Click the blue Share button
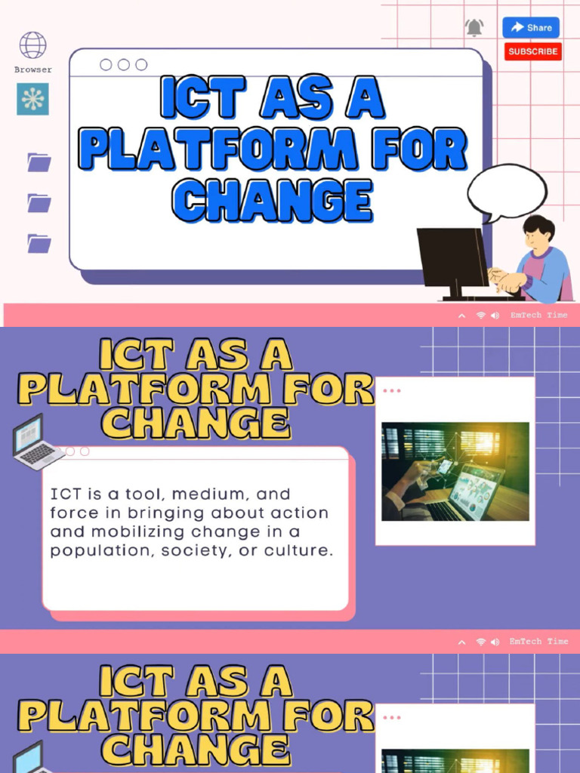[531, 28]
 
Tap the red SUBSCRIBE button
[533, 51]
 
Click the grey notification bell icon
[474, 28]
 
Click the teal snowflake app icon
[32, 99]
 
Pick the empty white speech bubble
[507, 192]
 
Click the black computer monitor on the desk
[452, 258]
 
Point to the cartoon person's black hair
[539, 225]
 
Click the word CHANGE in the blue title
[273, 200]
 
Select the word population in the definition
[94, 551]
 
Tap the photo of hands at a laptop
[455, 471]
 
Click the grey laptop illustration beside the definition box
[36, 443]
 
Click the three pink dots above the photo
[392, 390]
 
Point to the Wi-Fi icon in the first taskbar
[480, 316]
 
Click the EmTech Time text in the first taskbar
[538, 315]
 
